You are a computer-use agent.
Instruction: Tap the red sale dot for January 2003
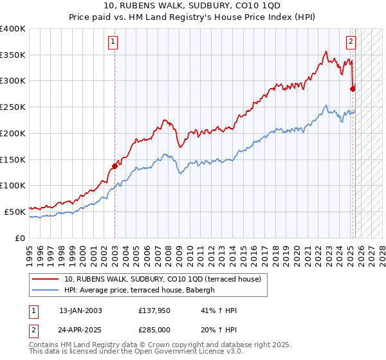pyautogui.click(x=115, y=166)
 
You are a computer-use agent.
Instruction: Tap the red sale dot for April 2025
pyautogui.click(x=353, y=89)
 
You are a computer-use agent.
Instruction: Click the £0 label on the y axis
pyautogui.click(x=21, y=238)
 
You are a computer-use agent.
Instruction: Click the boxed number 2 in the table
pyautogui.click(x=33, y=330)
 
